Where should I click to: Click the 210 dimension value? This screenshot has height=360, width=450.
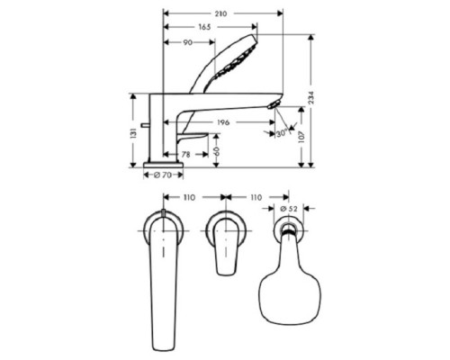(x=220, y=13)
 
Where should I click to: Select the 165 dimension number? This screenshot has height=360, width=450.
(x=204, y=27)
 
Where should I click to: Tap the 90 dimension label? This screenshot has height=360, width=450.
(x=188, y=42)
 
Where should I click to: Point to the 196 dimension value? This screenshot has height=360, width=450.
(x=223, y=122)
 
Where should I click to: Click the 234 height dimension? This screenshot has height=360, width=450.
(x=311, y=98)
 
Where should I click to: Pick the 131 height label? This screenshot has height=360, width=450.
(x=133, y=133)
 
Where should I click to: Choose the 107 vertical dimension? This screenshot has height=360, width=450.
(x=301, y=136)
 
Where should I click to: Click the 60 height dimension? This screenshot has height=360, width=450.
(x=216, y=151)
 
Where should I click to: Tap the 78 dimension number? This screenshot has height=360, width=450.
(x=186, y=155)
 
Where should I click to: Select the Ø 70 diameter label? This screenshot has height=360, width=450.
(x=163, y=175)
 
